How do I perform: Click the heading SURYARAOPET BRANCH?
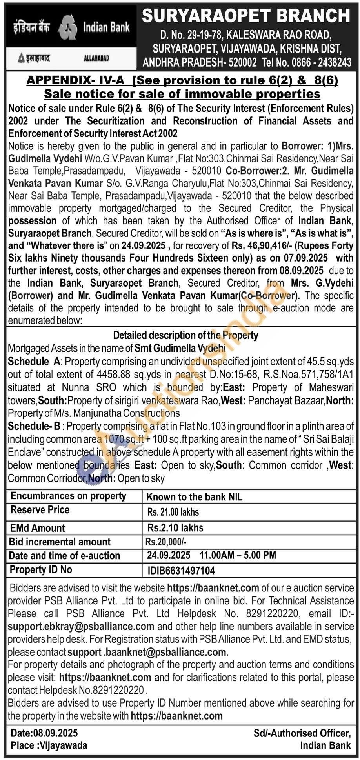point(246,16)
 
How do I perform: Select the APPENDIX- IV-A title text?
point(75,80)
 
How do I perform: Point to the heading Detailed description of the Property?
point(185,335)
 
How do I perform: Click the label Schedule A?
point(34,361)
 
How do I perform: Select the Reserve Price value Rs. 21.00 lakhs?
point(173,512)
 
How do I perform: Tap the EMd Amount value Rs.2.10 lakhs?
point(175,528)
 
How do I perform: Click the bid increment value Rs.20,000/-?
point(166,542)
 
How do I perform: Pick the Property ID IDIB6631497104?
point(181,571)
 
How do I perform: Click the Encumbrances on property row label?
point(68,496)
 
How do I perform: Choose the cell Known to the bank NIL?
point(194,497)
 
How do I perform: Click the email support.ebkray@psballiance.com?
point(81,626)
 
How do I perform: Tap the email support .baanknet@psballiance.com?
point(148,652)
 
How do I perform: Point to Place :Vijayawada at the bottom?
point(49,745)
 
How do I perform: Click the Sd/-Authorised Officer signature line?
point(302,733)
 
